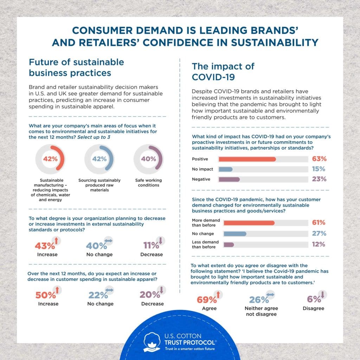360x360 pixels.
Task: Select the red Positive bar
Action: tap(247, 159)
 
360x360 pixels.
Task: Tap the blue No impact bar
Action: tap(225, 169)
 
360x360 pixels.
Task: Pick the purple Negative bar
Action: tap(229, 179)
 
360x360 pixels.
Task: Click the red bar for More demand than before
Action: tap(249, 223)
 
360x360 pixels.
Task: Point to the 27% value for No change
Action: tap(319, 233)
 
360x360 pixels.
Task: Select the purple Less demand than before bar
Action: tap(229, 244)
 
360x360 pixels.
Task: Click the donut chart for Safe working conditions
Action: tap(148, 159)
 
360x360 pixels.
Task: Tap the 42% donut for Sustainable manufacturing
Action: tap(50, 159)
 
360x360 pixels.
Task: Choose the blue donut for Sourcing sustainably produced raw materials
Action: tap(99, 159)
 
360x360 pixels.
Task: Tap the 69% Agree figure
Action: tap(206, 300)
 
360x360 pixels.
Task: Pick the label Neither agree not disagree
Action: tap(261, 311)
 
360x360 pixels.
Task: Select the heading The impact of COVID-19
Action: tap(223, 71)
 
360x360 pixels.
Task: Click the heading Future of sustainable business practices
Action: tap(76, 67)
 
